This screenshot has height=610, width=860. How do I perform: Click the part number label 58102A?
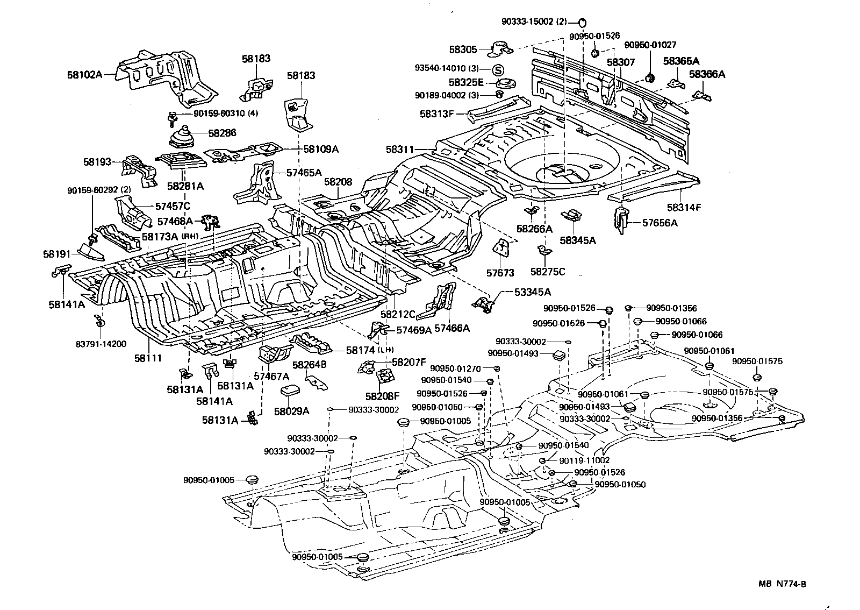click(84, 75)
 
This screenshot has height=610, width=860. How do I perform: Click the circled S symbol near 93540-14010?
click(498, 70)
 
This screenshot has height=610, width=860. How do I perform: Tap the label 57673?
click(500, 273)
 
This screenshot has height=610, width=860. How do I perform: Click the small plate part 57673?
click(501, 249)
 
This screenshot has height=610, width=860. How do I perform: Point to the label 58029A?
click(291, 411)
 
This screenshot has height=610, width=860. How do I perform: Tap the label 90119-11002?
click(584, 460)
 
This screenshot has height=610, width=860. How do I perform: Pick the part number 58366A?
click(707, 74)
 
